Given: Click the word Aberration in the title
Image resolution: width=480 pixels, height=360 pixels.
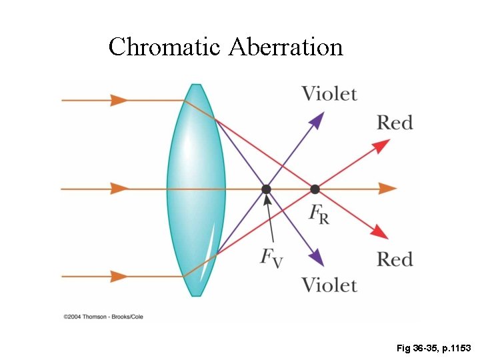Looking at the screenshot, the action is (x=286, y=47).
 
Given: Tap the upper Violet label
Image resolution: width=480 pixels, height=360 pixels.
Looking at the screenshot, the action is (x=329, y=93).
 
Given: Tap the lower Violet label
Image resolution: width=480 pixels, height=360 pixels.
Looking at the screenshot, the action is (x=329, y=285).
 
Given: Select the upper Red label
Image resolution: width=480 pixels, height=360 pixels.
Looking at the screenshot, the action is (x=395, y=123).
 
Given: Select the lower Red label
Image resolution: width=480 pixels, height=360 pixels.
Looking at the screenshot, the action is (x=395, y=259).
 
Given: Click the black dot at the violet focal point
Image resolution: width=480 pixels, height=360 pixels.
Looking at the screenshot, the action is (x=266, y=189).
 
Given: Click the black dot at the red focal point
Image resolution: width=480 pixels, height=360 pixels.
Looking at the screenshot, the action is (x=315, y=189).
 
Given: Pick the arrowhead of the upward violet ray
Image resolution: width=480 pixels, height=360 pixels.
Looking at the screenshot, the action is (x=317, y=120).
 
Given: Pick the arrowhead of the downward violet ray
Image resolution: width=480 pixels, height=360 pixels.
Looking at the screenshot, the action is (x=317, y=258).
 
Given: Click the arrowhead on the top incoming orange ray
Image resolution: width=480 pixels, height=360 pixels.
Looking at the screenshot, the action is (x=120, y=100).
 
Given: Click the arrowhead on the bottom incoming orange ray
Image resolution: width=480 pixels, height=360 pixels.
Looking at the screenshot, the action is (x=120, y=276).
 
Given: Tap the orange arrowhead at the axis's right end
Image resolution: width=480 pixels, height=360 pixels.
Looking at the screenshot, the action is (x=387, y=189).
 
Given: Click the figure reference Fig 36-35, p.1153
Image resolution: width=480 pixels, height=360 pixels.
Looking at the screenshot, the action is (x=433, y=348).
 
